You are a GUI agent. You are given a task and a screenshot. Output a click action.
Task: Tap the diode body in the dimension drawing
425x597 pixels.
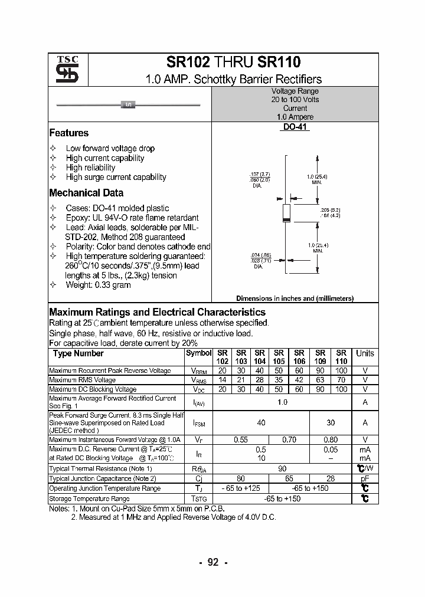click(286, 212)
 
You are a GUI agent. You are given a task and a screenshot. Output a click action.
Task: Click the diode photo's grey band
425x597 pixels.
click(128, 105)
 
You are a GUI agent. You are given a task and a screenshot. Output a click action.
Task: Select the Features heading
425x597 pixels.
click(68, 133)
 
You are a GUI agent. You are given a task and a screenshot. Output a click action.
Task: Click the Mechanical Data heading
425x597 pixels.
click(86, 193)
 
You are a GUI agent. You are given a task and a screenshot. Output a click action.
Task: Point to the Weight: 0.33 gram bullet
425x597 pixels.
click(98, 285)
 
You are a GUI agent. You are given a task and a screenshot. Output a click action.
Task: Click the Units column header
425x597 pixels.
click(365, 353)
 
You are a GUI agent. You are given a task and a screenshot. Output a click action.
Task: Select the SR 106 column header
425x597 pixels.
click(299, 357)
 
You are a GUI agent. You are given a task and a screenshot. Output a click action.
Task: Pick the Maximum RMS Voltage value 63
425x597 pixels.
click(320, 380)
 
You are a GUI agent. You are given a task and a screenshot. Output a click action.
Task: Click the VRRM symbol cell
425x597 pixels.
click(198, 371)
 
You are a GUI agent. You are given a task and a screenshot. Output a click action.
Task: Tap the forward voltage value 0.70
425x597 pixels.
click(289, 439)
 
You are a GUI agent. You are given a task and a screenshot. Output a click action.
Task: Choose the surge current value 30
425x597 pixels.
click(331, 422)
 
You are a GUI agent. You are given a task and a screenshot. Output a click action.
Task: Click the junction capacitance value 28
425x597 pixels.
click(331, 479)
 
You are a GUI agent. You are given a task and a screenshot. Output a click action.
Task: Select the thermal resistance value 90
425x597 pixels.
click(282, 468)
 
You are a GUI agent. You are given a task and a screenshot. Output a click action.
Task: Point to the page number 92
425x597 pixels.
click(213, 562)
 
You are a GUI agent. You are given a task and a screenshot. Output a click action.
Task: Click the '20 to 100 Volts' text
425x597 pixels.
click(295, 100)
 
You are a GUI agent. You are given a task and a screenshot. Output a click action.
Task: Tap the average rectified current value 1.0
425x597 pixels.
click(282, 402)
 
